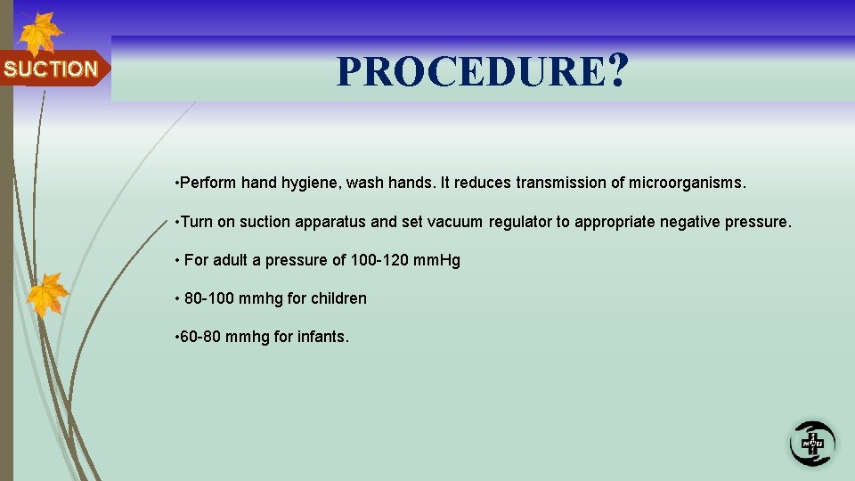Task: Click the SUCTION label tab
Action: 52,69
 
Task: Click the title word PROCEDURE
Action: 470,71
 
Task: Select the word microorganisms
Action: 689,183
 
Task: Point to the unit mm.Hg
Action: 436,261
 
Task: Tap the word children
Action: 338,298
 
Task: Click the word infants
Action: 322,338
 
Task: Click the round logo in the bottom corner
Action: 811,443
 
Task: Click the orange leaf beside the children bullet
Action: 48,295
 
